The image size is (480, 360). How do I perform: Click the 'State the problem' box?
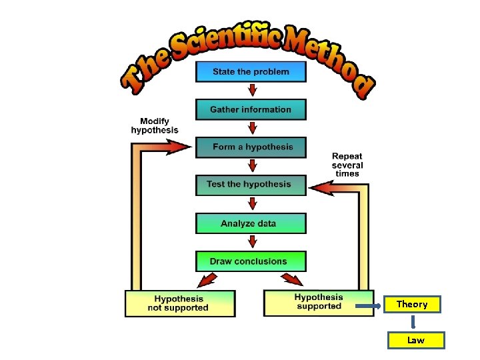click(251, 72)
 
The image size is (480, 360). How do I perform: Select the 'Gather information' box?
click(251, 109)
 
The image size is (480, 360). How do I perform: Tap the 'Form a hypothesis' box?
click(251, 147)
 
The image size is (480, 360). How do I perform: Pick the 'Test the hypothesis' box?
click(251, 185)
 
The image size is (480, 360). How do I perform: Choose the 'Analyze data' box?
click(251, 223)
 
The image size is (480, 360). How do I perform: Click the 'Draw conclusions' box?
click(251, 261)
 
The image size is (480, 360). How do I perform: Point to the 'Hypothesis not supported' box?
click(180, 303)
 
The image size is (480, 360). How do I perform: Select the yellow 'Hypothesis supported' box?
click(319, 303)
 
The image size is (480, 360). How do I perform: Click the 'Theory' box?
click(412, 305)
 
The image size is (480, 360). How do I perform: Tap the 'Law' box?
click(416, 340)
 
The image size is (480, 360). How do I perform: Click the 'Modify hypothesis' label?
click(155, 125)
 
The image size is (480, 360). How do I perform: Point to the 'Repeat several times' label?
click(347, 165)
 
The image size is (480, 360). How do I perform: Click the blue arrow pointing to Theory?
click(369, 307)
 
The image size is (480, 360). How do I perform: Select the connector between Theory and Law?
click(413, 322)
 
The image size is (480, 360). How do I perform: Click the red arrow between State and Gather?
click(251, 90)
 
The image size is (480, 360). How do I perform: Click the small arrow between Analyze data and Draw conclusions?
click(251, 242)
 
